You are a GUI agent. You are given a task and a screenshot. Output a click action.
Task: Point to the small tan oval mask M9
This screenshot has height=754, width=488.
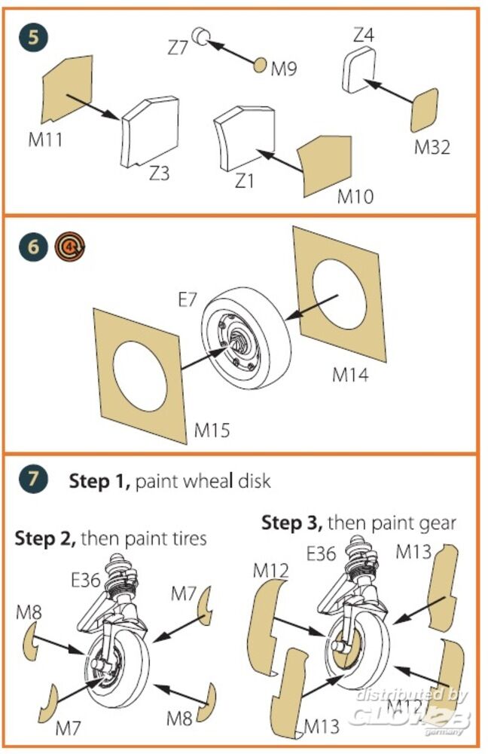pyautogui.click(x=260, y=65)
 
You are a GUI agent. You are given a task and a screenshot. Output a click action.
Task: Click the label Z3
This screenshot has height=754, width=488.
pyautogui.click(x=159, y=173)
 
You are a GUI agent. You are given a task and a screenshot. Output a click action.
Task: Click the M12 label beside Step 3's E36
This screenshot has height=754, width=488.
pyautogui.click(x=272, y=571)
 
